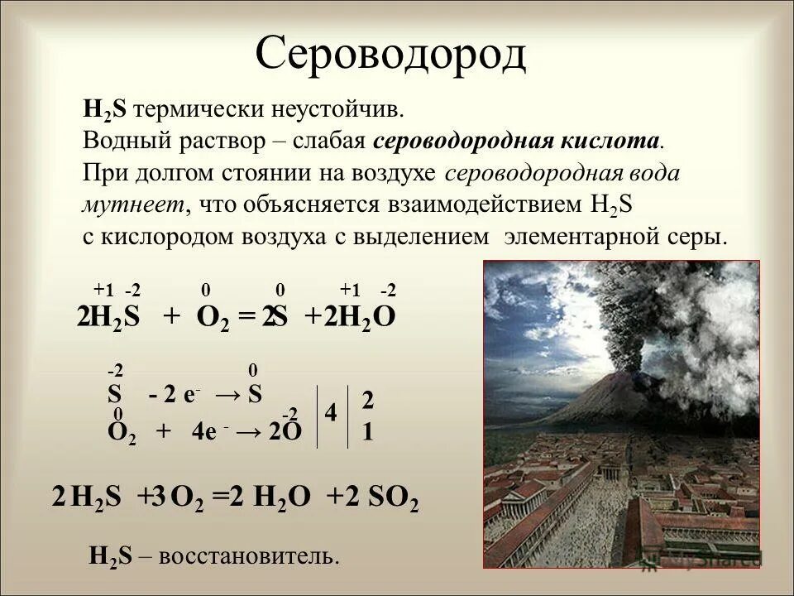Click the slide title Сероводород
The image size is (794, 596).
coord(390,55)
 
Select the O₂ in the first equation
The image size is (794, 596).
coord(213,318)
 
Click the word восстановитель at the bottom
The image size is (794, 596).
coord(248,556)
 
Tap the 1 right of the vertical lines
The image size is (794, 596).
coord(368,432)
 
